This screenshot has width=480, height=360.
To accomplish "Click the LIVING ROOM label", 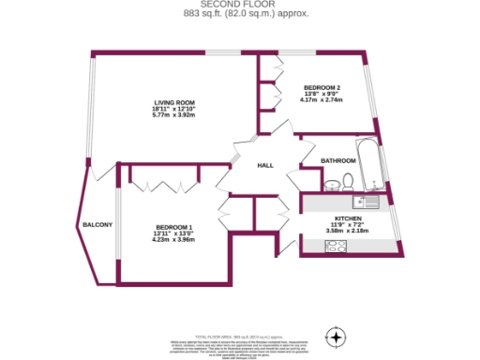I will coord(174,102).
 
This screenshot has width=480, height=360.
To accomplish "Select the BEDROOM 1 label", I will coord(174,226).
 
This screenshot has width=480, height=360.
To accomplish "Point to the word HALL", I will coord(265,165).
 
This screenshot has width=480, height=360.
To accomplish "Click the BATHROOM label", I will coord(337,161).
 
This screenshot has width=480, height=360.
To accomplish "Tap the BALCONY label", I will coord(97,225).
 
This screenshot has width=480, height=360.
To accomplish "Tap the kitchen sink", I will coord(366,201).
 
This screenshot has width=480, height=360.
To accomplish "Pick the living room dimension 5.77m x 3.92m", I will coord(174,115).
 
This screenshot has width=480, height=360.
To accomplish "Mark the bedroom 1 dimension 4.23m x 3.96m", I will coord(174,239).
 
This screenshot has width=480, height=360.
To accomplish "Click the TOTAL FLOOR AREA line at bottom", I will coord(240,335).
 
